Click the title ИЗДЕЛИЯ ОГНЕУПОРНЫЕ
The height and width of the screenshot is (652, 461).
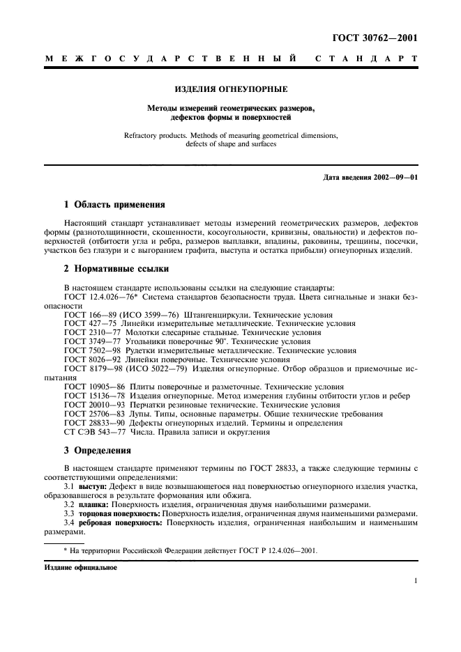(x=231, y=90)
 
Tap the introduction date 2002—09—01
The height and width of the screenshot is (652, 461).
(x=394, y=177)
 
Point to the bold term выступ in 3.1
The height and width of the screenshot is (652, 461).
(x=92, y=486)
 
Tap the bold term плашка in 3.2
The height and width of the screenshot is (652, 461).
(x=93, y=504)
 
